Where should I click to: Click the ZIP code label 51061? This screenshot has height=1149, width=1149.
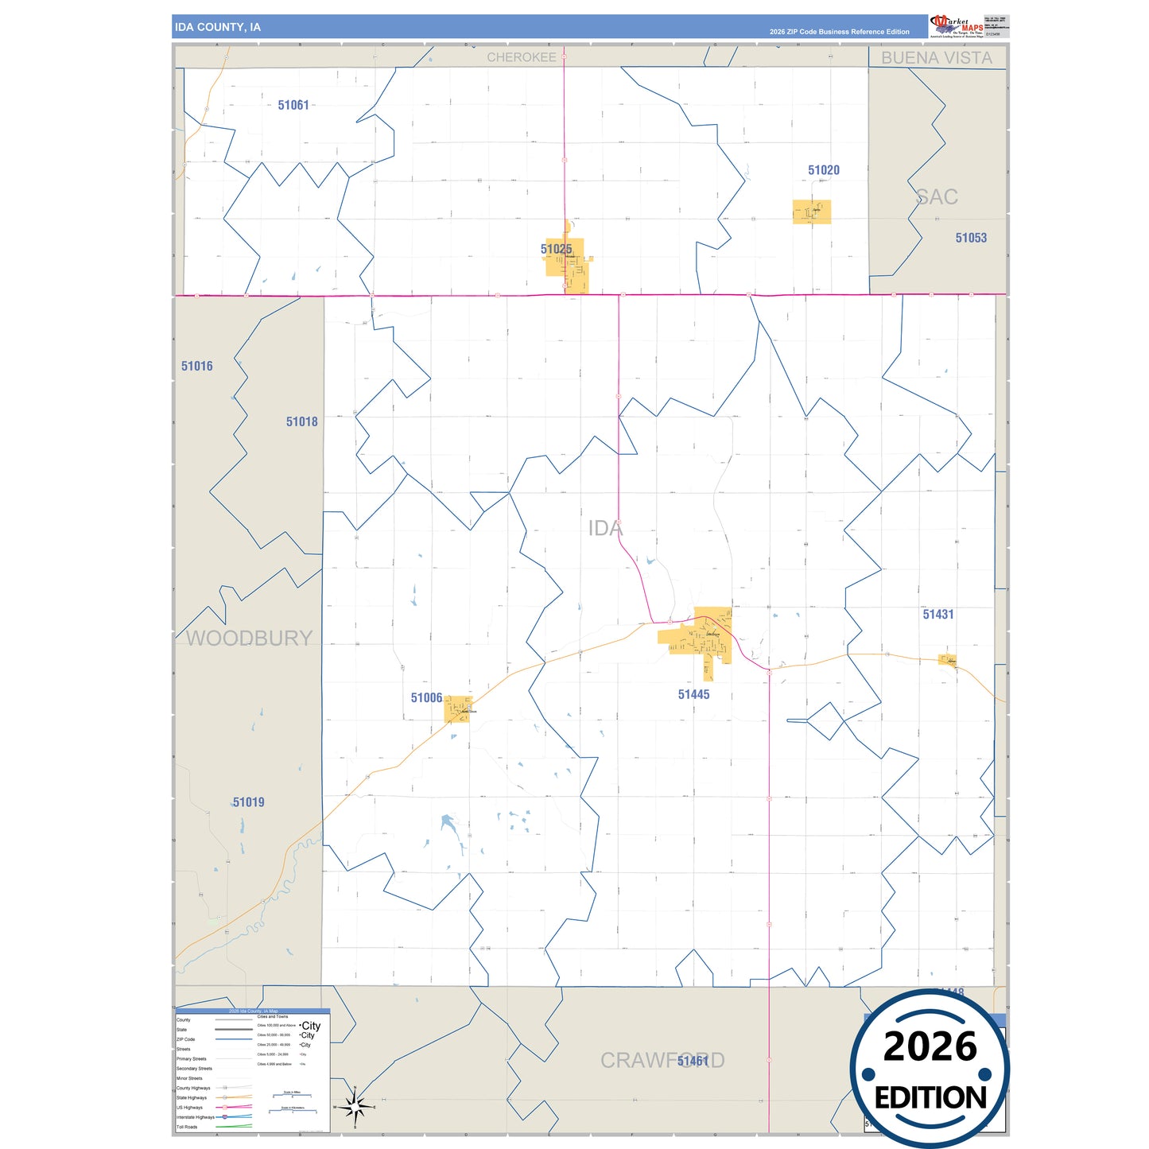pyautogui.click(x=293, y=105)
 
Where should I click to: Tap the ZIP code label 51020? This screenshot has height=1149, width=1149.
pyautogui.click(x=823, y=170)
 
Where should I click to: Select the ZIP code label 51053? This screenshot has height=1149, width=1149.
pyautogui.click(x=970, y=238)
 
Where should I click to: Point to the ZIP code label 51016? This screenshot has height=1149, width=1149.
pyautogui.click(x=196, y=367)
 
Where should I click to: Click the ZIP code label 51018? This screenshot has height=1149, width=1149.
pyautogui.click(x=301, y=422)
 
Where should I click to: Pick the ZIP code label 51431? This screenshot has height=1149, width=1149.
pyautogui.click(x=937, y=615)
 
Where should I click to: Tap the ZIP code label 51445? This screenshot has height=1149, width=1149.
pyautogui.click(x=693, y=695)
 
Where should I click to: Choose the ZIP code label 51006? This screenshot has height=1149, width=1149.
pyautogui.click(x=426, y=698)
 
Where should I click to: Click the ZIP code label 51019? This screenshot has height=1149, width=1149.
pyautogui.click(x=248, y=802)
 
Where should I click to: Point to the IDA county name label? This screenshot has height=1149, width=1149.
pyautogui.click(x=604, y=528)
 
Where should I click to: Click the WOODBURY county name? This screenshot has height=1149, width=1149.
pyautogui.click(x=249, y=639)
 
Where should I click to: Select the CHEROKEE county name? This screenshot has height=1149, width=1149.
pyautogui.click(x=521, y=57)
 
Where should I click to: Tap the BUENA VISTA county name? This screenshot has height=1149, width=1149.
pyautogui.click(x=936, y=58)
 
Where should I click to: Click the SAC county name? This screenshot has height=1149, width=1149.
pyautogui.click(x=937, y=197)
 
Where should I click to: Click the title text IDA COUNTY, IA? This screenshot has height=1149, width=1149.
pyautogui.click(x=217, y=27)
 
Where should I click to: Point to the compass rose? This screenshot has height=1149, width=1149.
pyautogui.click(x=355, y=1106)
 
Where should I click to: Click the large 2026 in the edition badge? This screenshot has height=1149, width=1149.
pyautogui.click(x=930, y=1046)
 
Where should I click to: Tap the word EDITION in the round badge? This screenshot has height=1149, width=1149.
pyautogui.click(x=930, y=1098)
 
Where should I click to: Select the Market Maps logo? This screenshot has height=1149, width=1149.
pyautogui.click(x=957, y=25)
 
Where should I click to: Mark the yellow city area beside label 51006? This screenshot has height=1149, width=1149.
pyautogui.click(x=457, y=709)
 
